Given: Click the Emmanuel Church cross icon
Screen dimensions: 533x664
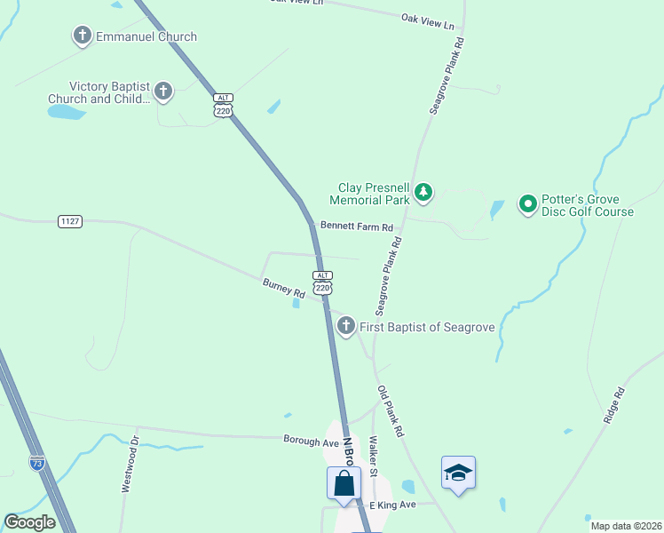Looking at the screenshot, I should pos(83,36).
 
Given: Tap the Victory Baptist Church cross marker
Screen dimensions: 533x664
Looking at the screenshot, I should pos(162,91).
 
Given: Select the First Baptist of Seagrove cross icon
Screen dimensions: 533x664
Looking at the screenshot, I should pos(346,327).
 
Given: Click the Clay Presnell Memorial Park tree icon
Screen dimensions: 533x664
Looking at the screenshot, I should pos(424,192).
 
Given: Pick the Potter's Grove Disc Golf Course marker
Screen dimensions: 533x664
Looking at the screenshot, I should pos(528,205).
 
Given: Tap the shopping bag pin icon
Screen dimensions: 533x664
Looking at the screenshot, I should pos(344,484).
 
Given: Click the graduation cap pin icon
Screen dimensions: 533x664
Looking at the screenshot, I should pos(458,473).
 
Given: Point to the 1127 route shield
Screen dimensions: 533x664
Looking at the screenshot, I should pos(70,220).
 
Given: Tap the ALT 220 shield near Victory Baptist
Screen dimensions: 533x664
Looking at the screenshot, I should pos(223,105).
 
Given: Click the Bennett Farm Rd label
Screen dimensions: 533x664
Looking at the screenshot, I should pos(357,227).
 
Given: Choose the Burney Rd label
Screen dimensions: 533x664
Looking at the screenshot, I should pos(284,288).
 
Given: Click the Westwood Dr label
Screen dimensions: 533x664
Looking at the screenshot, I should pos(130,464).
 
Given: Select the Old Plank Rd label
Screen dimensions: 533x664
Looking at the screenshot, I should pos(391,411).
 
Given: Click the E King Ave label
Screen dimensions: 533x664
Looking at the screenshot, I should pos(392,505).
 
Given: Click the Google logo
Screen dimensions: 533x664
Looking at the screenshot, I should pos(29,522).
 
